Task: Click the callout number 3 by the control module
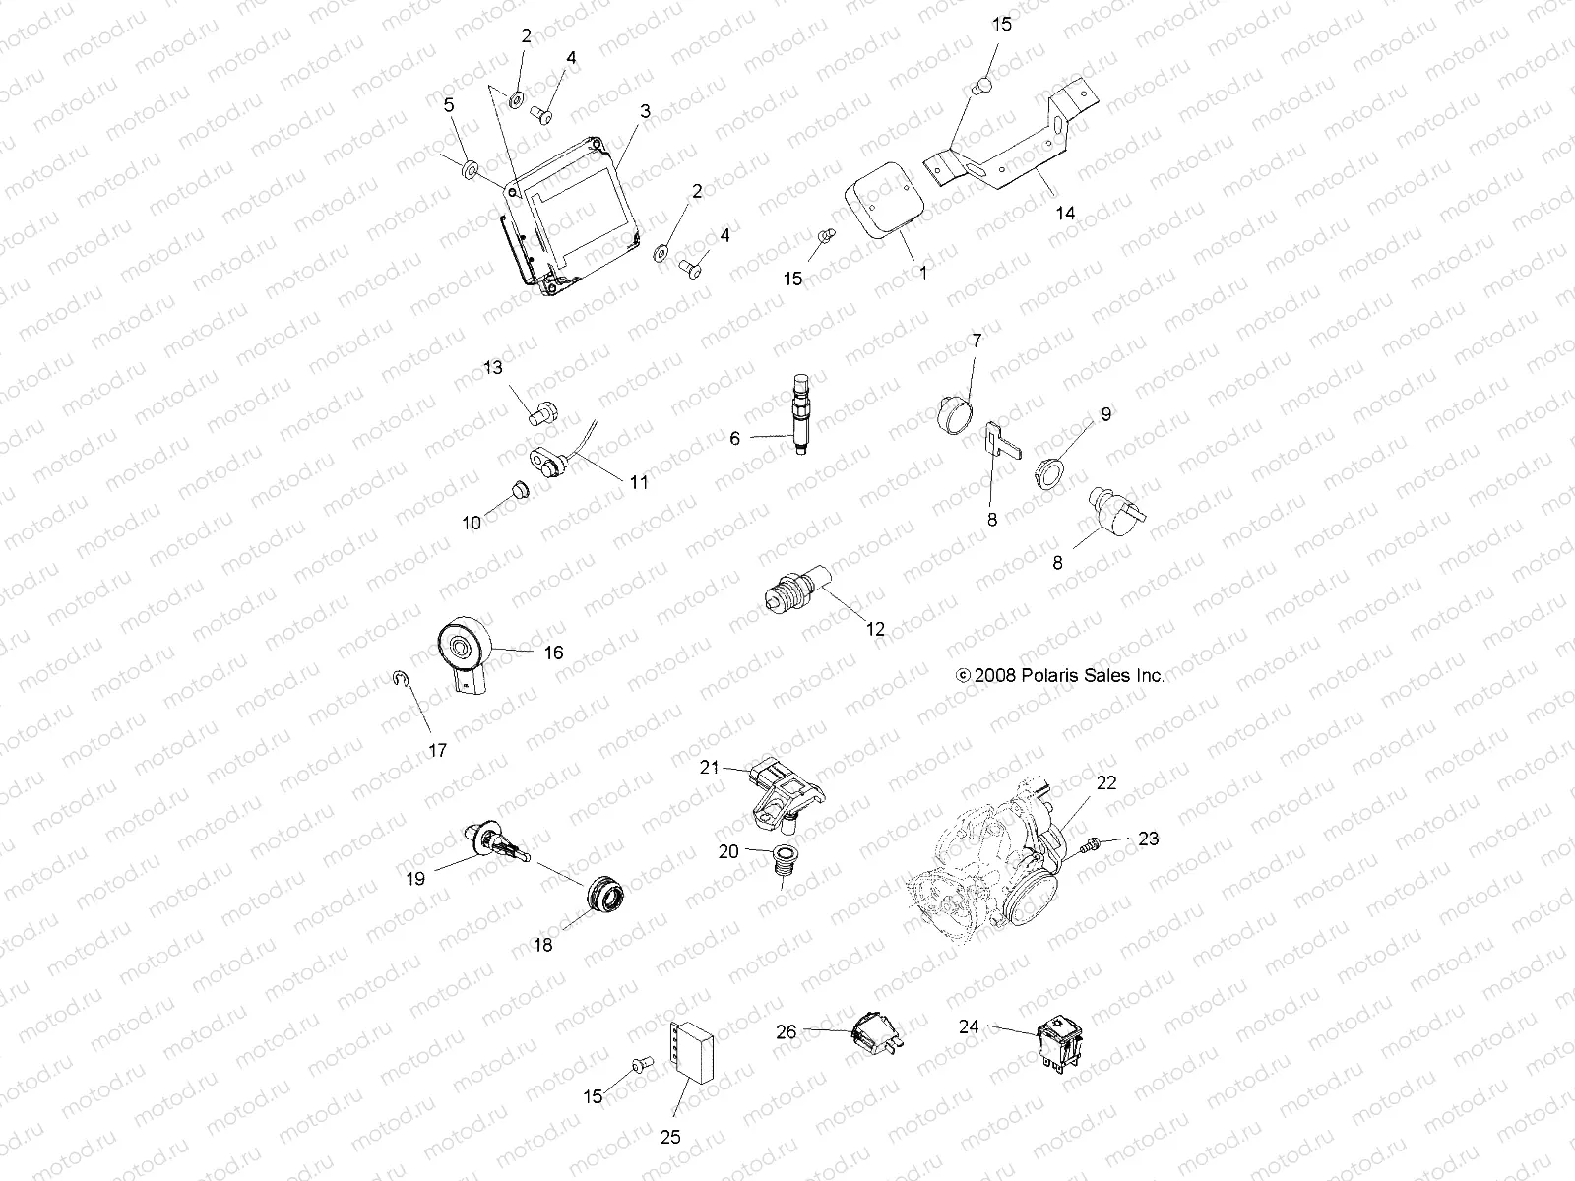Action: (645, 112)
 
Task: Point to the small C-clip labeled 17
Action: (399, 678)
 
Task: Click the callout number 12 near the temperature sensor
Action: (875, 629)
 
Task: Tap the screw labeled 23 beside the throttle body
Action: (1089, 844)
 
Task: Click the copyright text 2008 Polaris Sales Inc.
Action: (1060, 676)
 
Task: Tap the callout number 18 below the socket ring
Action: (542, 944)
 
